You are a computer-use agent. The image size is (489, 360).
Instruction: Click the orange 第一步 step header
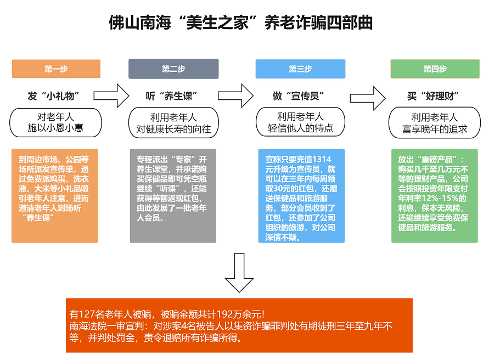(56, 69)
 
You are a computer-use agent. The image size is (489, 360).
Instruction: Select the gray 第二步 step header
(173, 69)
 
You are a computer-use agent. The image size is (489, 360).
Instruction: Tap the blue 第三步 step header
(300, 69)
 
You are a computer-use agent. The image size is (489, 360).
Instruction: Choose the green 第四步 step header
(435, 69)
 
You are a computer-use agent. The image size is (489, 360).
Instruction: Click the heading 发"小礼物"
(54, 96)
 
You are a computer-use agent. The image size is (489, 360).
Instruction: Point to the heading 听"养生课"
(172, 96)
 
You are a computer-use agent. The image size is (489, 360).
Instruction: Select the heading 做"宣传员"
(299, 96)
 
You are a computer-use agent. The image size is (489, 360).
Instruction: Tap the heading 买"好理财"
(433, 96)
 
